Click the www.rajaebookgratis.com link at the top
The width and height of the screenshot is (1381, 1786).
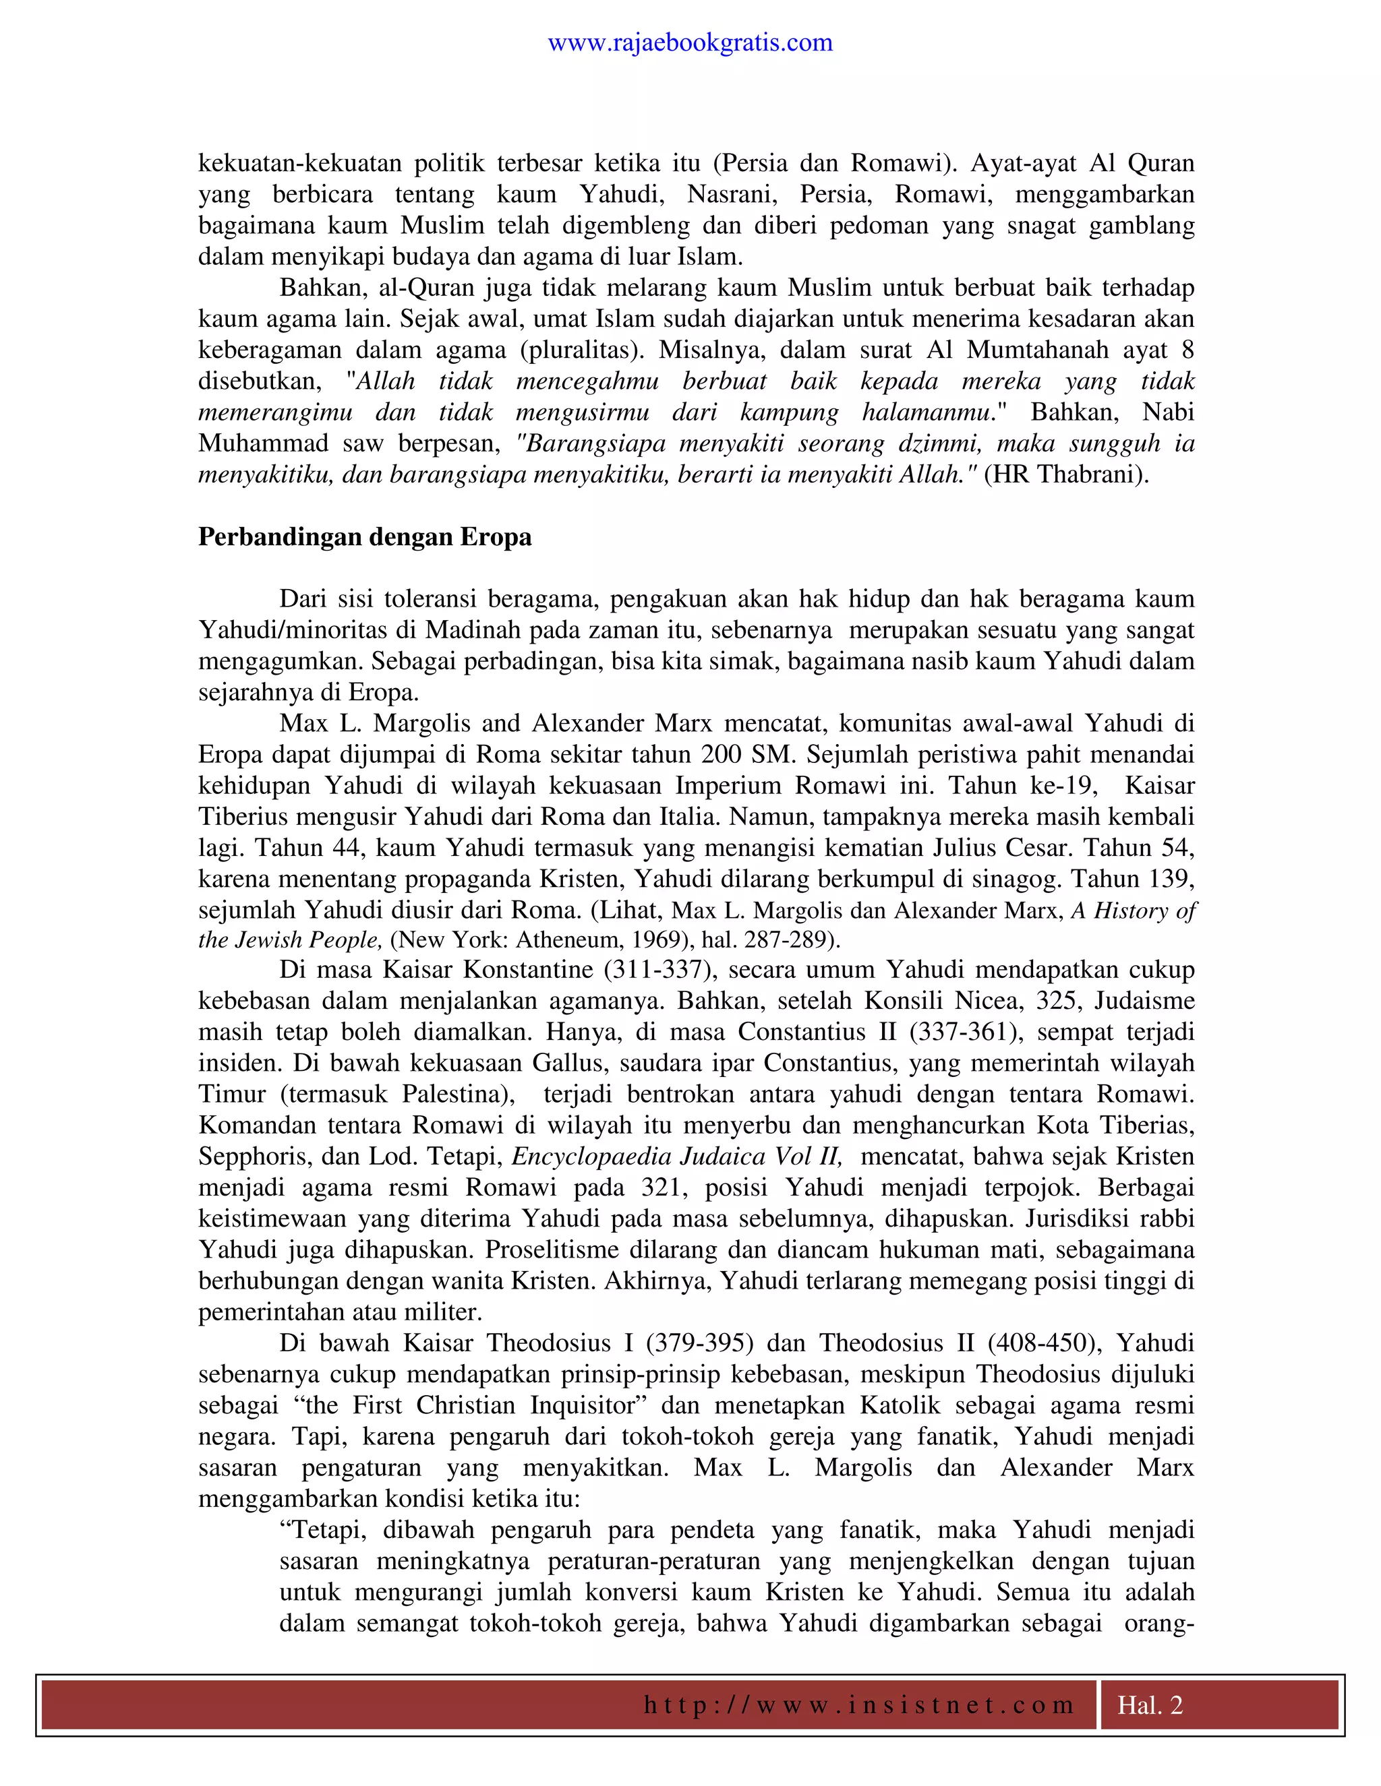coord(690,42)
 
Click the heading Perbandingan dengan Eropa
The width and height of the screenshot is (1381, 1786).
coord(365,537)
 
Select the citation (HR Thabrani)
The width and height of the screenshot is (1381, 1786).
coord(1066,474)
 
